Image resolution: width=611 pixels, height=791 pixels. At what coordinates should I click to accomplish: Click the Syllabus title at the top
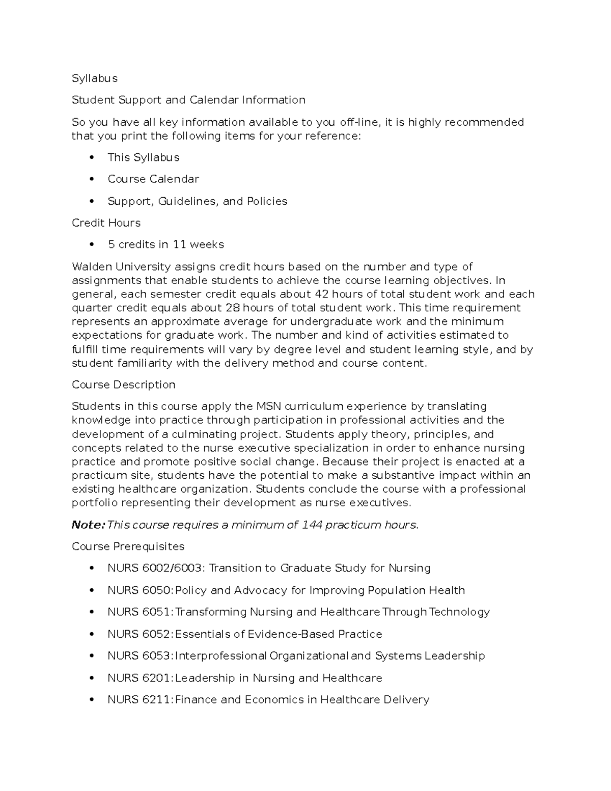pyautogui.click(x=95, y=78)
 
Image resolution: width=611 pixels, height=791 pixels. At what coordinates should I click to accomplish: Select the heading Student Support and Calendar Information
pyautogui.click(x=188, y=100)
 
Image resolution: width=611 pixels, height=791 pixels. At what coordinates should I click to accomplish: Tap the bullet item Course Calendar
pyautogui.click(x=153, y=179)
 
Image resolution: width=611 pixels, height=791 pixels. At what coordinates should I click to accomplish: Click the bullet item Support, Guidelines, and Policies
pyautogui.click(x=198, y=201)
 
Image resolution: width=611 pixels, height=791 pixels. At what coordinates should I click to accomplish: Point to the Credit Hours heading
pyautogui.click(x=106, y=223)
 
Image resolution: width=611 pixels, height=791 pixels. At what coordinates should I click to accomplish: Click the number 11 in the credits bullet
pyautogui.click(x=179, y=245)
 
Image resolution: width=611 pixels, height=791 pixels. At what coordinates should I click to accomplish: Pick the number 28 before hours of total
pyautogui.click(x=232, y=308)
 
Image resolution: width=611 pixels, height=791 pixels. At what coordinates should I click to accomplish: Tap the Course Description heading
pyautogui.click(x=124, y=385)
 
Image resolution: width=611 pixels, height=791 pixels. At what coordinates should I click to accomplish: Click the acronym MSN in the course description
pyautogui.click(x=268, y=406)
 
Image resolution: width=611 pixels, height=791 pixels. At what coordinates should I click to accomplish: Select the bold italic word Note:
pyautogui.click(x=88, y=525)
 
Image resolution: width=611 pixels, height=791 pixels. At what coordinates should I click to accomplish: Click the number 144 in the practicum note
pyautogui.click(x=312, y=525)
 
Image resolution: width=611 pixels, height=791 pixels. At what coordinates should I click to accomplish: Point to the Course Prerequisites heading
pyautogui.click(x=128, y=547)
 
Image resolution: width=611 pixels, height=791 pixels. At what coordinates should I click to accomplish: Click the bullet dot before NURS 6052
pyautogui.click(x=92, y=635)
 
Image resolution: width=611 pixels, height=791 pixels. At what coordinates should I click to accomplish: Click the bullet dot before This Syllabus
pyautogui.click(x=92, y=158)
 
